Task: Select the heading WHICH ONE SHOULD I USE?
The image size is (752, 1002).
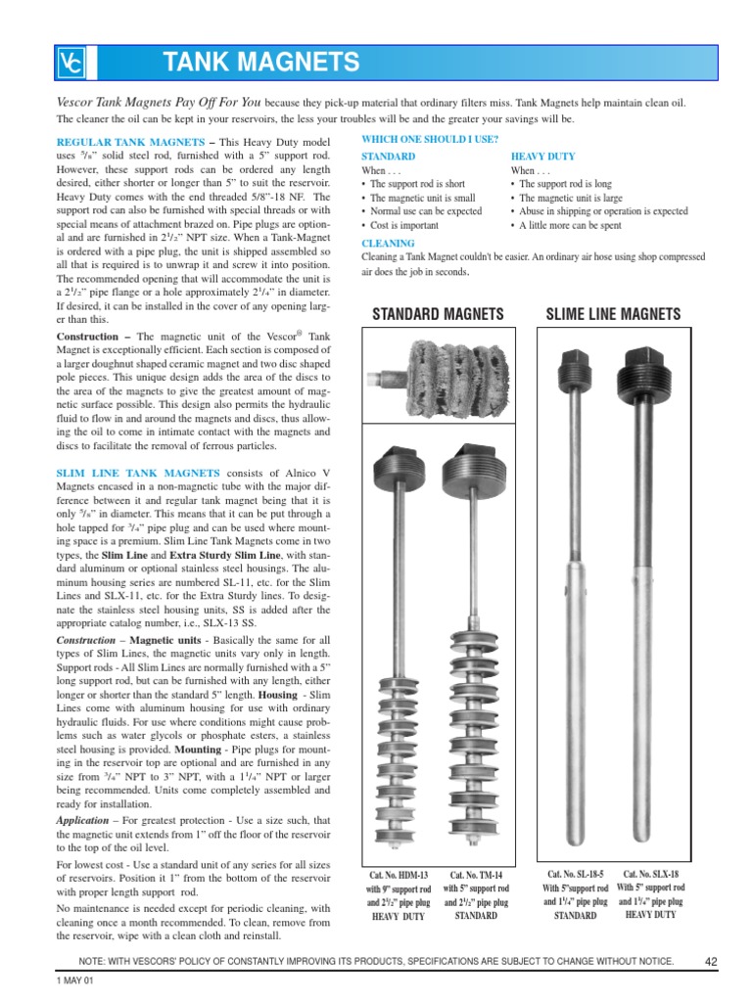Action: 430,139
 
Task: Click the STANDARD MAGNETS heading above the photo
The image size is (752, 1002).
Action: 440,314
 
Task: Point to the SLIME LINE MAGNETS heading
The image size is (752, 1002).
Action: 612,314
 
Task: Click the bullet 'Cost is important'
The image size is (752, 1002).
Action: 407,225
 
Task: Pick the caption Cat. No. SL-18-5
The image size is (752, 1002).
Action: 575,874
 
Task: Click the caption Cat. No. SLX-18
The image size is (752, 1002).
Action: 650,874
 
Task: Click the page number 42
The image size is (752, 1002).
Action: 711,962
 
